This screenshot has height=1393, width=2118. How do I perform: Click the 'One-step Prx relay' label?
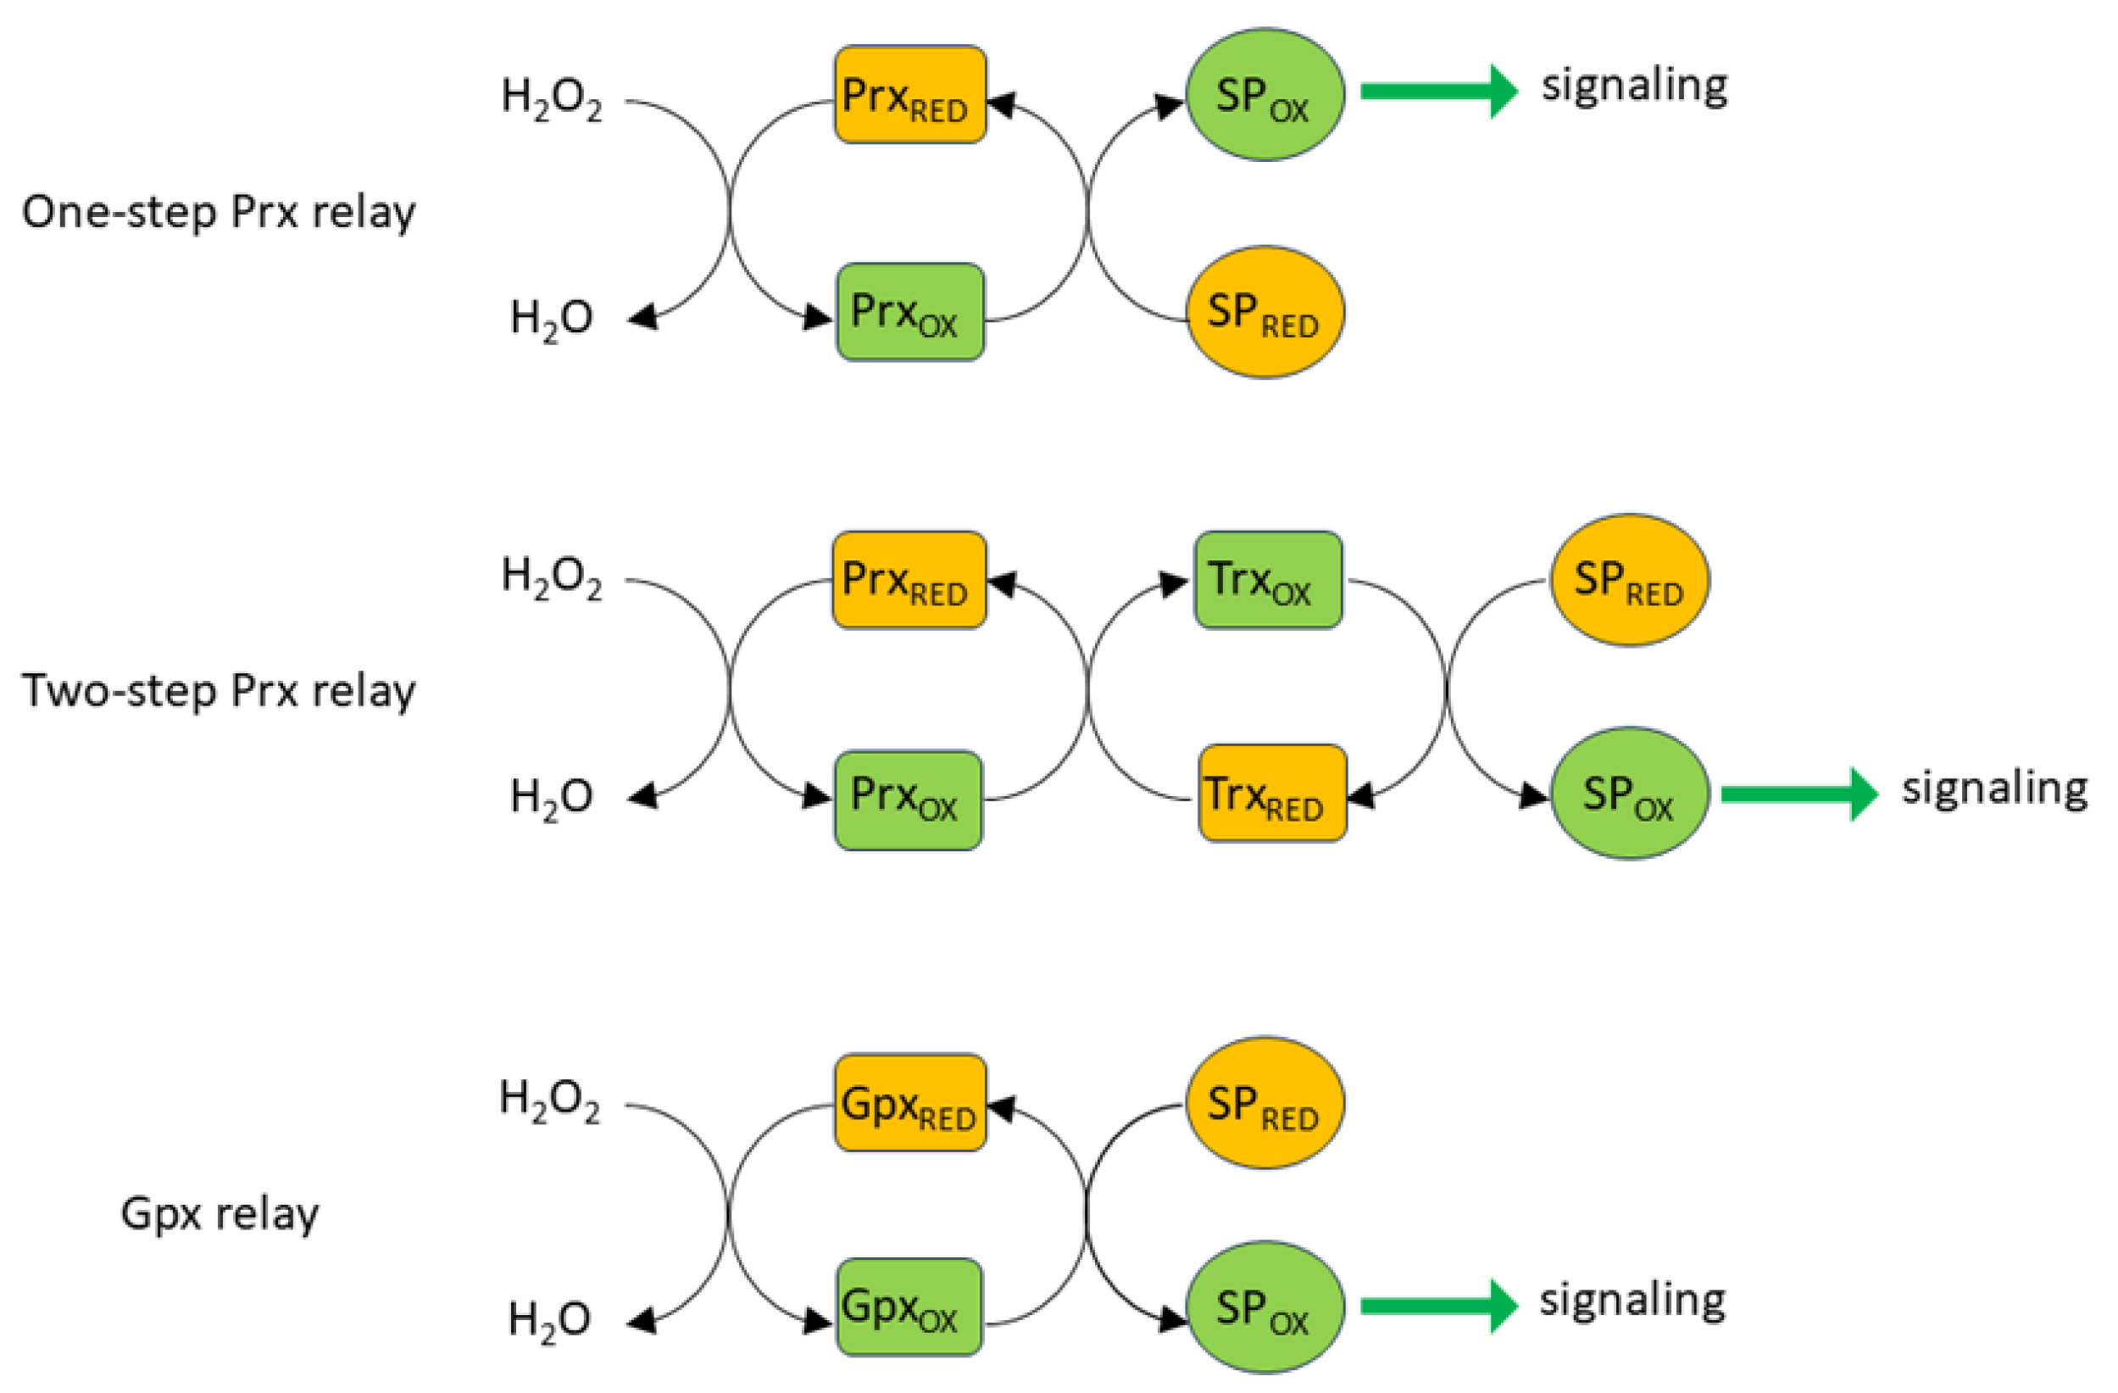point(218,213)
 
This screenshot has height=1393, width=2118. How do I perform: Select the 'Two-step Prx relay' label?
point(218,691)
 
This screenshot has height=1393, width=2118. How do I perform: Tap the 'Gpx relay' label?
point(219,1213)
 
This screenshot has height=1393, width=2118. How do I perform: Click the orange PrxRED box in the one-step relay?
point(909,94)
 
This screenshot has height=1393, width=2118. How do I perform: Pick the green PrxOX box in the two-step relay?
point(909,800)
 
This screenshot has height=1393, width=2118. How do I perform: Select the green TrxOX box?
point(1268,580)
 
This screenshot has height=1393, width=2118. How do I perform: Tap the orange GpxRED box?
point(909,1103)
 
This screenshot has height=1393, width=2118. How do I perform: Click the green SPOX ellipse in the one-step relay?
point(1265,94)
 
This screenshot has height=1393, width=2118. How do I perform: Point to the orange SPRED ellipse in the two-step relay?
point(1630,580)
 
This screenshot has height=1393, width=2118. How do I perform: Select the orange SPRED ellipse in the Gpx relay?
point(1265,1103)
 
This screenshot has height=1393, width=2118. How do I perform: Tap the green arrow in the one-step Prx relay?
point(1438,91)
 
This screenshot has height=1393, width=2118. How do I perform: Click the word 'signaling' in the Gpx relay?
point(1633,1301)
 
